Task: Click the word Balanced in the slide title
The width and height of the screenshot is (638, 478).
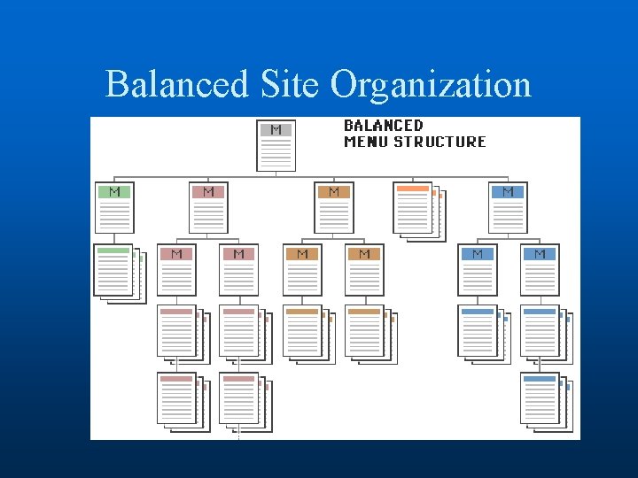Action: [x=176, y=85]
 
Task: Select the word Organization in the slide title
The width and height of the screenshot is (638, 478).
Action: [x=431, y=85]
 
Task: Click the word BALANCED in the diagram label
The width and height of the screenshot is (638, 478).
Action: [x=383, y=126]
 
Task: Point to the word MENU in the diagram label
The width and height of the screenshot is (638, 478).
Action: [x=366, y=142]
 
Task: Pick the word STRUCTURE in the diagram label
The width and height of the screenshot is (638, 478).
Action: [x=440, y=142]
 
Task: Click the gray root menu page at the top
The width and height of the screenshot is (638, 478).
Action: [x=276, y=145]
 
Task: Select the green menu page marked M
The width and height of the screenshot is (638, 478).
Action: [x=114, y=207]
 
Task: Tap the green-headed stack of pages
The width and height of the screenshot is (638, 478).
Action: [x=117, y=272]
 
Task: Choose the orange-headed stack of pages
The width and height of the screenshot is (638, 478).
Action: [x=417, y=210]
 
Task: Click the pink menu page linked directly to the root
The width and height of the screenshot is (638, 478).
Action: [x=208, y=207]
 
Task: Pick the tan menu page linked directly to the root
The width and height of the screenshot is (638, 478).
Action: [x=334, y=207]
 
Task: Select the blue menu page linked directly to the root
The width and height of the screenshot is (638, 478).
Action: [x=508, y=207]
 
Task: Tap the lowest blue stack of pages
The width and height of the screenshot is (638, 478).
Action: [x=542, y=401]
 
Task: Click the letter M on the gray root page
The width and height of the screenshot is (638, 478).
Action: [x=276, y=130]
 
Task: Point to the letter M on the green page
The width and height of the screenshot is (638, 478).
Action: [x=114, y=192]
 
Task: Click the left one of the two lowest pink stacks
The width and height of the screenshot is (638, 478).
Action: [x=180, y=401]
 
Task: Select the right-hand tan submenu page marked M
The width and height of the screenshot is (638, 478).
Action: [x=364, y=269]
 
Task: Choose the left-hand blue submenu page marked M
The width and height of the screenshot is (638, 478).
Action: [x=478, y=269]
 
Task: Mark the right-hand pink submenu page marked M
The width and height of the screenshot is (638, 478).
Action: [x=238, y=269]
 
